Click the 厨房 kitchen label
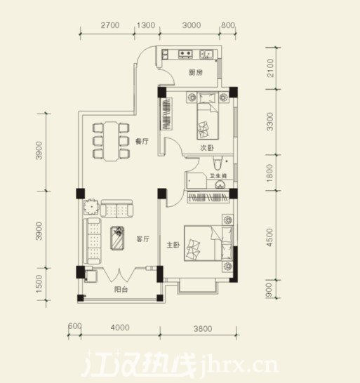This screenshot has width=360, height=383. [195, 73]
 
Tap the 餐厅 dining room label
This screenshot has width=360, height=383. [142, 141]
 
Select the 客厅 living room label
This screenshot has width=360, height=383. [142, 239]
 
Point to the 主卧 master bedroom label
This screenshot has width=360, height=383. [174, 246]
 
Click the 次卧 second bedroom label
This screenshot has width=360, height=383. [207, 149]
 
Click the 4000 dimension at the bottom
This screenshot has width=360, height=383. [120, 327]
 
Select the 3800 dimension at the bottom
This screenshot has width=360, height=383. [201, 327]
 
